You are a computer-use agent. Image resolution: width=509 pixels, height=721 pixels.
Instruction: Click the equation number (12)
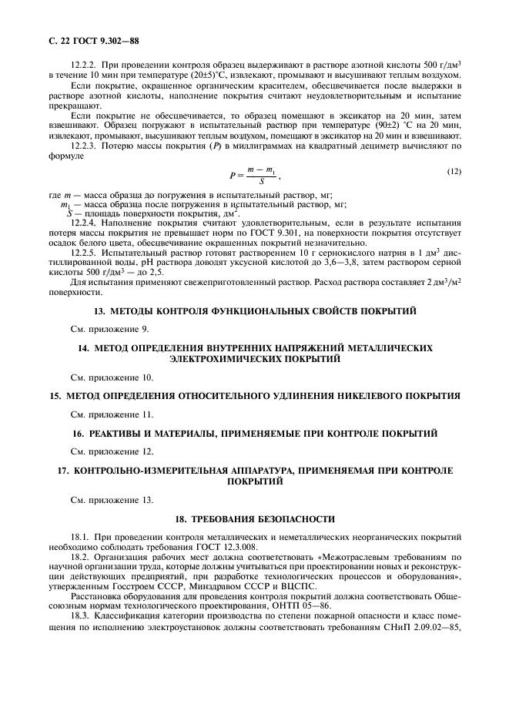pyautogui.click(x=454, y=171)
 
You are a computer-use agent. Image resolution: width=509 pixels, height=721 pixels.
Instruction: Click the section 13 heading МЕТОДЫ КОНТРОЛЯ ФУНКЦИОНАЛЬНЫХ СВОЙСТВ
pyautogui.click(x=254, y=311)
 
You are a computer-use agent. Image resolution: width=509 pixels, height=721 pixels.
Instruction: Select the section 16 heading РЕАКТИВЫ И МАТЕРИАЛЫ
pyautogui.click(x=254, y=434)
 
